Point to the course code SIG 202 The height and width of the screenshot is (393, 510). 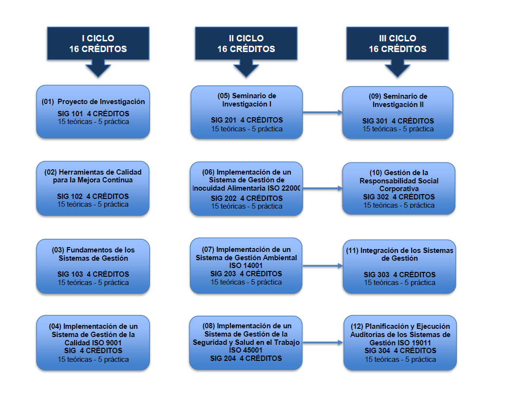click(222, 198)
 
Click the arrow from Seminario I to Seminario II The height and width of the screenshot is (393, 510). click(323, 112)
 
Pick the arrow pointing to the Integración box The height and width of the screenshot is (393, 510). click(323, 266)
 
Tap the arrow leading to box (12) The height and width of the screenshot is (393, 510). click(323, 343)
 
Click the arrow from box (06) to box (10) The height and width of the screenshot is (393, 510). click(323, 188)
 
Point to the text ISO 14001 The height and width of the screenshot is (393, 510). click(246, 266)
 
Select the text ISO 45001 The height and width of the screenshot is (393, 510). click(246, 350)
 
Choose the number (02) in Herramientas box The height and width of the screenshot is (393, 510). click(50, 172)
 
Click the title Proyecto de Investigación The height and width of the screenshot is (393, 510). click(101, 102)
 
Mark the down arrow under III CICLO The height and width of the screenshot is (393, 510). click(397, 70)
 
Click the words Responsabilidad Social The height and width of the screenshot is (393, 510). click(399, 180)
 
